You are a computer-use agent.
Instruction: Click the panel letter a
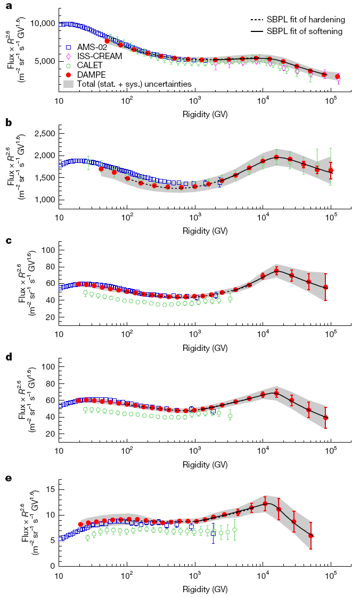tap(8, 6)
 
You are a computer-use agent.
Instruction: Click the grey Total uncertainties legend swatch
tap(68, 84)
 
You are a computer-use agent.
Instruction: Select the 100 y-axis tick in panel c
tap(48, 250)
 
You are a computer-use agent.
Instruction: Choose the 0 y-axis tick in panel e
tap(52, 566)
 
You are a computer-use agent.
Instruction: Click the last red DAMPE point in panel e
tap(310, 535)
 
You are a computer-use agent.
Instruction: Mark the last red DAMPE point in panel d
tap(325, 418)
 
